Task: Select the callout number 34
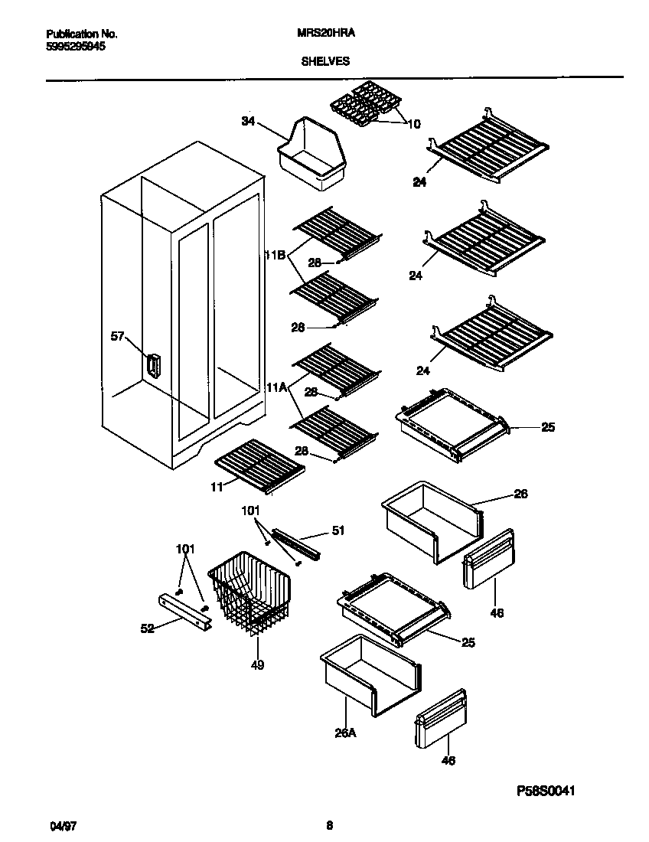[248, 121]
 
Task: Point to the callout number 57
[117, 335]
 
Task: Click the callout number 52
[147, 628]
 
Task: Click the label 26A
[346, 733]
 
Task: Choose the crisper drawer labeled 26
[430, 521]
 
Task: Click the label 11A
[276, 388]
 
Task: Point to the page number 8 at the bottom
[329, 825]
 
